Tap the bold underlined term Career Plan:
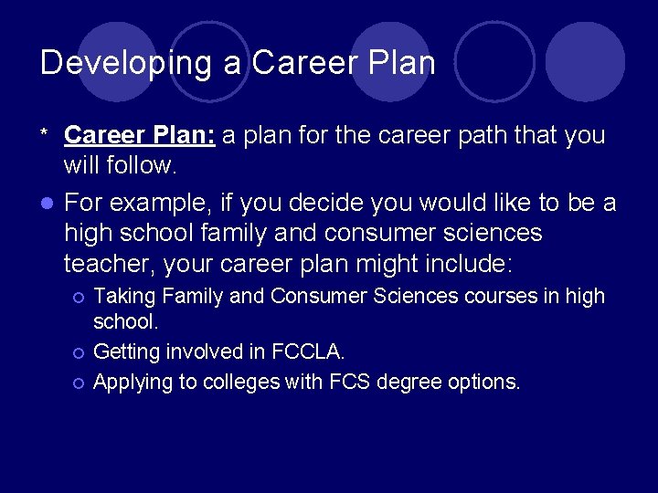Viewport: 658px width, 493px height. click(x=139, y=135)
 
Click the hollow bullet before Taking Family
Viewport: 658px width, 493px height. click(x=79, y=297)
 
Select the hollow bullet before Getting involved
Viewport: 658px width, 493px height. click(x=79, y=352)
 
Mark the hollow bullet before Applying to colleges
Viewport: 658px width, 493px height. click(x=79, y=383)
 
